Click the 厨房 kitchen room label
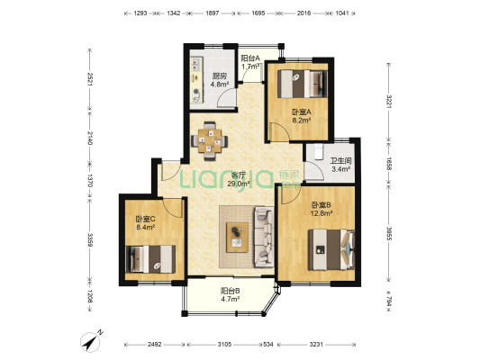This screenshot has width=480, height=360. (220, 76)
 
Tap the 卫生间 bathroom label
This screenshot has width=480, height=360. (340, 161)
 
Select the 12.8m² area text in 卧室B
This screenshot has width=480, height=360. (322, 213)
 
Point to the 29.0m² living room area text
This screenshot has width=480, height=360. (239, 184)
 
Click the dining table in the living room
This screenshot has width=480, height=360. (210, 141)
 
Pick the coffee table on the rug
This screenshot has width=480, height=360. (237, 238)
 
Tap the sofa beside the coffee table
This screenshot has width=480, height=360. (264, 237)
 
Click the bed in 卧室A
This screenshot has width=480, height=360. (303, 84)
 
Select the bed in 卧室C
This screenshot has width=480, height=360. (150, 259)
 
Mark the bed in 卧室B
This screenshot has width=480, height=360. (331, 249)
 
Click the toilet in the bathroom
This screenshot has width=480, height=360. (319, 152)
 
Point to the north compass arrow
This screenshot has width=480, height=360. (90, 342)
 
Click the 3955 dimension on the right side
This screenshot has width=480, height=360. (389, 233)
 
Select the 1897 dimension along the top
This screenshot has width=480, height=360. (213, 13)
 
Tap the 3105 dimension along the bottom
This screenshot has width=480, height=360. (225, 345)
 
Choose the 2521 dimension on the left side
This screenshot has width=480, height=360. (90, 79)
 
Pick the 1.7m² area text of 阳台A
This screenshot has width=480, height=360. (250, 67)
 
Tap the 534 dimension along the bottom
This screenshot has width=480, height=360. (268, 345)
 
